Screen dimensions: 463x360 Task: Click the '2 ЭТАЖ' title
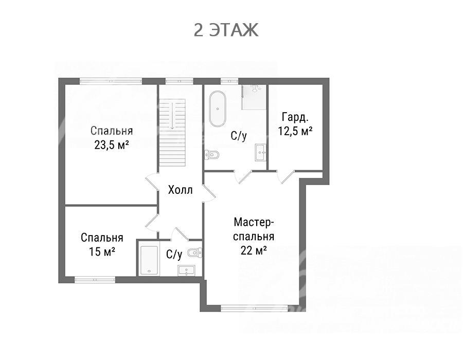pyautogui.click(x=226, y=30)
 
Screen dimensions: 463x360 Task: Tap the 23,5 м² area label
pyautogui.click(x=111, y=145)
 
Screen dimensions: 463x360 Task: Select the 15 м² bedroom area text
pyautogui.click(x=102, y=251)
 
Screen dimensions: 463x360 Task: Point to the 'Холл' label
pyautogui.click(x=181, y=190)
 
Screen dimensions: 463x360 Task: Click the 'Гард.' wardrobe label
pyautogui.click(x=295, y=117)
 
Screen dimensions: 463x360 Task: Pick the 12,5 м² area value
pyautogui.click(x=295, y=131)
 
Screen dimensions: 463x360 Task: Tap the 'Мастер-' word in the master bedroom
pyautogui.click(x=252, y=222)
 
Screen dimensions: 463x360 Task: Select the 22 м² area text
pyautogui.click(x=254, y=250)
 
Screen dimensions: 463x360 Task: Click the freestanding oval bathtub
pyautogui.click(x=218, y=109)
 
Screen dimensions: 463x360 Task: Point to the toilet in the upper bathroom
pyautogui.click(x=212, y=154)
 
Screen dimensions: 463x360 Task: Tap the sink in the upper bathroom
pyautogui.click(x=261, y=152)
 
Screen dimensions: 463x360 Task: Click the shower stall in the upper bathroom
pyautogui.click(x=253, y=97)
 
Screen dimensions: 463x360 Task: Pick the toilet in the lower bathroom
pyautogui.click(x=194, y=252)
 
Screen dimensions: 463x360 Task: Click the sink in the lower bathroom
pyautogui.click(x=186, y=270)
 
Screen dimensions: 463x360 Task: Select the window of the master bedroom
pyautogui.click(x=254, y=309)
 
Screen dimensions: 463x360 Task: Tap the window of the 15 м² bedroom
pyautogui.click(x=95, y=280)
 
